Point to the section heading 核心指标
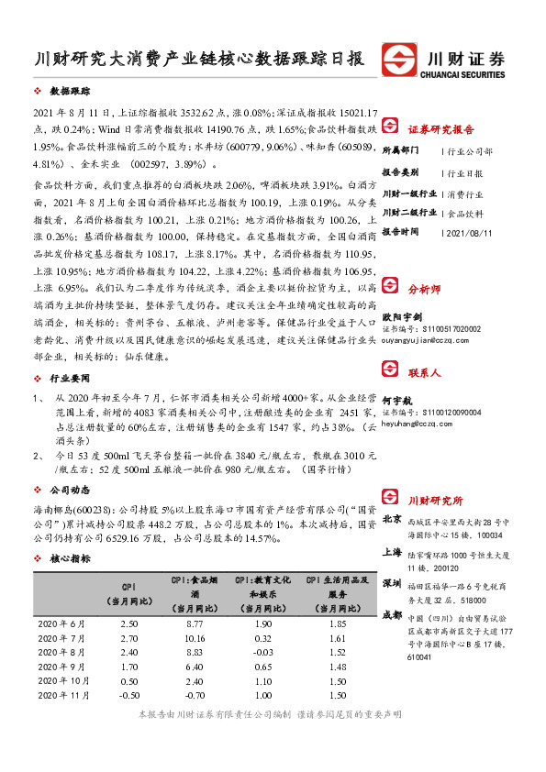[x=70, y=557]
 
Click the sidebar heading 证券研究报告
[x=440, y=128]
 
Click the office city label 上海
[x=392, y=554]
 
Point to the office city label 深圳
[x=392, y=583]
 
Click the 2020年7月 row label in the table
[x=60, y=638]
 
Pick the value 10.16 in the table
[x=194, y=638]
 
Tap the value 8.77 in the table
[x=194, y=623]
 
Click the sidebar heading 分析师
[x=424, y=288]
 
